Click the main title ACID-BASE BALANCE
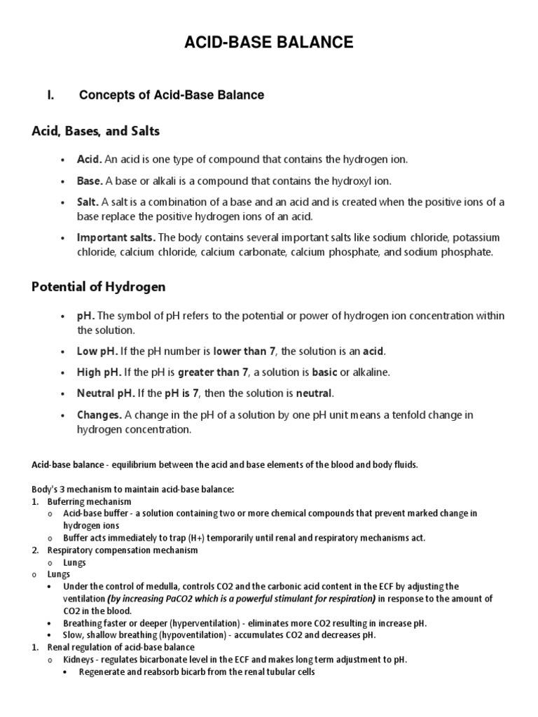click(x=269, y=44)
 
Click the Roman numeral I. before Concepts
click(x=50, y=95)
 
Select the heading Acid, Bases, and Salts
click(x=96, y=131)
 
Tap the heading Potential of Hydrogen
click(x=99, y=288)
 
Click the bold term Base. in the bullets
click(x=90, y=181)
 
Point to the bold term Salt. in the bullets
click(x=88, y=202)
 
